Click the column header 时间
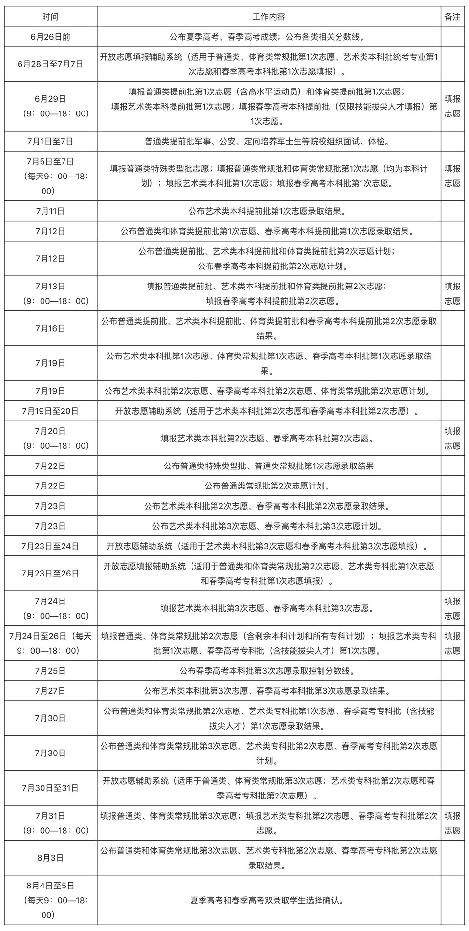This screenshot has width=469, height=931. [50, 17]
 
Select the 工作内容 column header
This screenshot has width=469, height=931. [269, 17]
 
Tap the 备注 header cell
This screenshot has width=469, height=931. [452, 17]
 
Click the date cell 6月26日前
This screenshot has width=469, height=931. [50, 36]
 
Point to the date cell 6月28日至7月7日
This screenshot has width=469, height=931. [50, 64]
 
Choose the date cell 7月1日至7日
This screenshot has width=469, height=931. [50, 141]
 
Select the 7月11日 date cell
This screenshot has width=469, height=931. [50, 211]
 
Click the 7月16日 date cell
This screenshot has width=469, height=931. [50, 328]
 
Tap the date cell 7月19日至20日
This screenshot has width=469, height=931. [50, 411]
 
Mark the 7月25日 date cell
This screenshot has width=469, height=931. [50, 670]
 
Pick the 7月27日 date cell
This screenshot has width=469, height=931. [50, 691]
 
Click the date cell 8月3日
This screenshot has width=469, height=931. [50, 858]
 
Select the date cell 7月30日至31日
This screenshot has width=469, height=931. [50, 788]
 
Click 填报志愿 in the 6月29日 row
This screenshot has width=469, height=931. [452, 106]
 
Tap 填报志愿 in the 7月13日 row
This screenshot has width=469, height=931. [452, 293]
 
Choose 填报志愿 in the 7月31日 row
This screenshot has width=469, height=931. [452, 823]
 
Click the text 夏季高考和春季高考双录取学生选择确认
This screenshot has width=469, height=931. [269, 900]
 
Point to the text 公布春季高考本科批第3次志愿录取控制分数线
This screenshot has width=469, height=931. [269, 670]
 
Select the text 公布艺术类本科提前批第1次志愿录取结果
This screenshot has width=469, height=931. [269, 211]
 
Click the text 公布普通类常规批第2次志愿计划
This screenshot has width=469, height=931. [269, 486]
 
